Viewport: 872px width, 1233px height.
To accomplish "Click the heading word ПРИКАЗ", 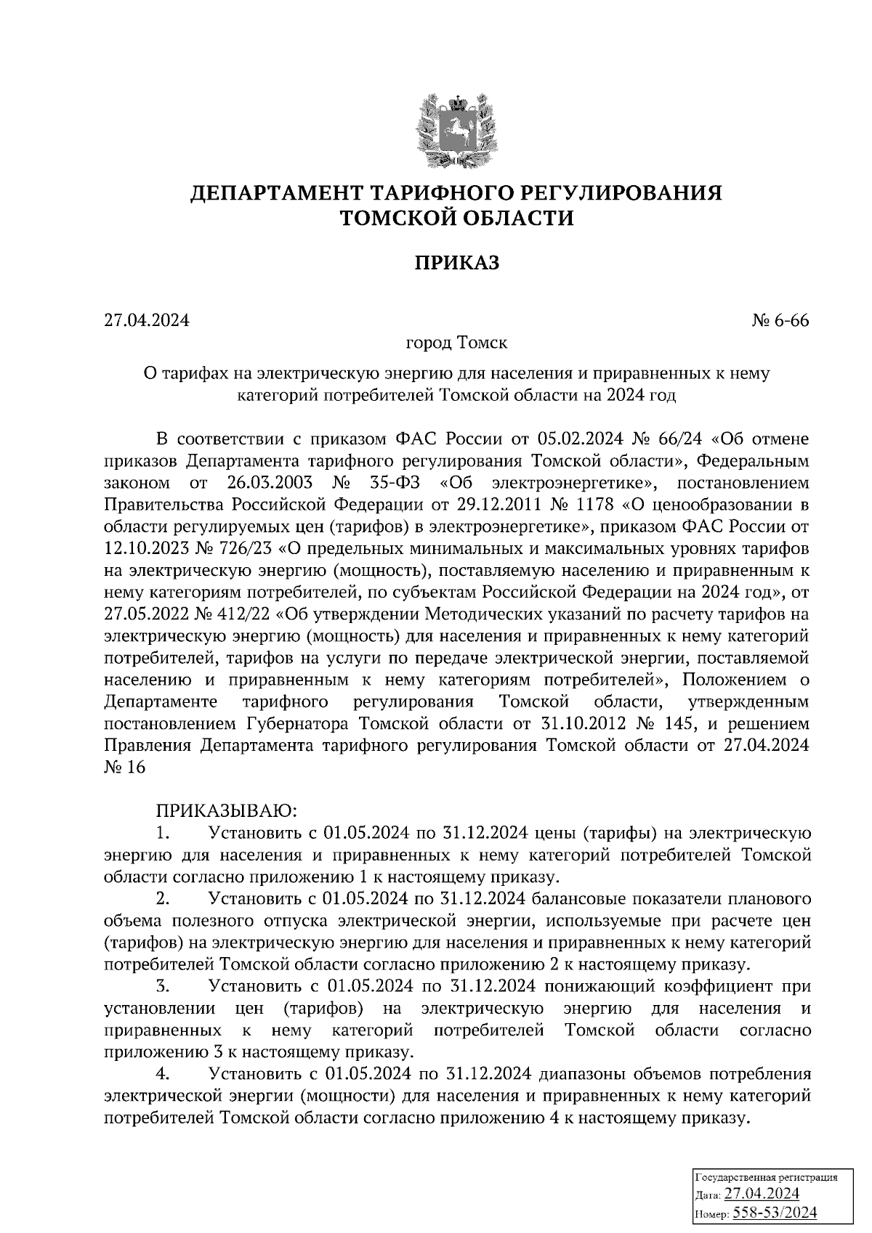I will tap(457, 263).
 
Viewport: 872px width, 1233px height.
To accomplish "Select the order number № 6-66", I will tap(780, 320).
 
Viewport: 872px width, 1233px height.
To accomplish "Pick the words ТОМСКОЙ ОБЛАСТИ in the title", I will tap(457, 218).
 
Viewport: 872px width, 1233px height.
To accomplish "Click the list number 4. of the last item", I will tap(163, 1073).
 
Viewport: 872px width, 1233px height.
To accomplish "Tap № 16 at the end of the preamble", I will tap(125, 768).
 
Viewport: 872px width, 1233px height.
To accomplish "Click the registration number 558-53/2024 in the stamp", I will tap(775, 1212).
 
